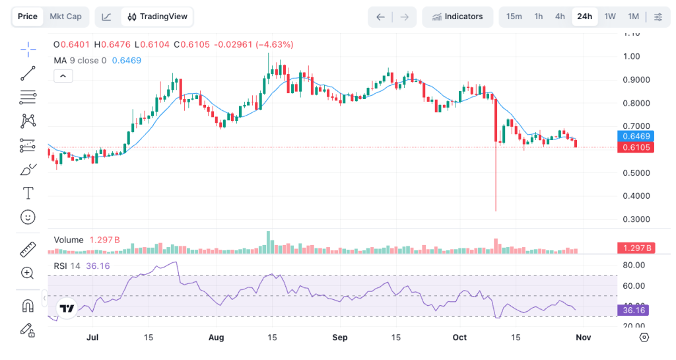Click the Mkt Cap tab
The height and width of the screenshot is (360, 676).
pos(65,17)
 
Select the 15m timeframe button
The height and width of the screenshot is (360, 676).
pos(514,17)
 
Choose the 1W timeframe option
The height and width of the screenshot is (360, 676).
pos(610,17)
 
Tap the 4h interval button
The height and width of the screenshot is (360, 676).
pos(560,17)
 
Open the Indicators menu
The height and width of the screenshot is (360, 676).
pos(457,17)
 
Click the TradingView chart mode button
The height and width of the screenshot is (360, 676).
pos(157,17)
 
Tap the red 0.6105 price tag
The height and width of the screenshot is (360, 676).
pos(635,147)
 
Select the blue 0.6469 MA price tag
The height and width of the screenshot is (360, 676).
pos(635,136)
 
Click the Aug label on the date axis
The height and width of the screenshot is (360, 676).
pos(216,338)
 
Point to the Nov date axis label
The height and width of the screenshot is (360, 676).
pos(583,338)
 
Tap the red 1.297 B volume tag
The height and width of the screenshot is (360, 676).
pos(635,248)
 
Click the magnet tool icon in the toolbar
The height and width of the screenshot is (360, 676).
pos(28,306)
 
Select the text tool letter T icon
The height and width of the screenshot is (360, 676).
pos(28,193)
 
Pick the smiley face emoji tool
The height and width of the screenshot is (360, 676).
pos(28,217)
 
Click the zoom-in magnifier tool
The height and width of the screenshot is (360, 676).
pos(28,273)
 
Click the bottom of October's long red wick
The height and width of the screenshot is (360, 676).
pos(496,211)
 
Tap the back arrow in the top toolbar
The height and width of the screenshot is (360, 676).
pos(380,17)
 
